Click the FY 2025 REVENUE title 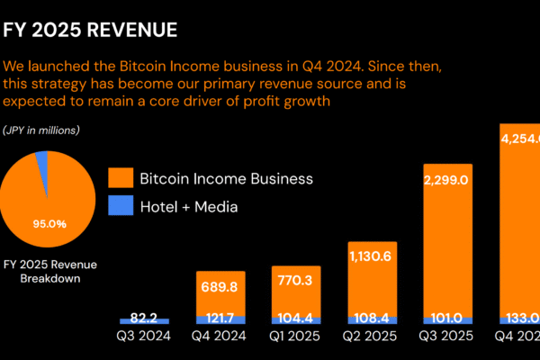point(90,31)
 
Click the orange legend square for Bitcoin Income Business point(120,178)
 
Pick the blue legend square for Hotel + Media point(120,206)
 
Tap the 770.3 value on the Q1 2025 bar point(295,280)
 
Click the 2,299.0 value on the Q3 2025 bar point(446,180)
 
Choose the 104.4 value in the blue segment point(295,319)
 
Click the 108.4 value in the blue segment point(371,319)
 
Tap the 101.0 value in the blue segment point(446,319)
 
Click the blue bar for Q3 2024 point(145,320)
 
